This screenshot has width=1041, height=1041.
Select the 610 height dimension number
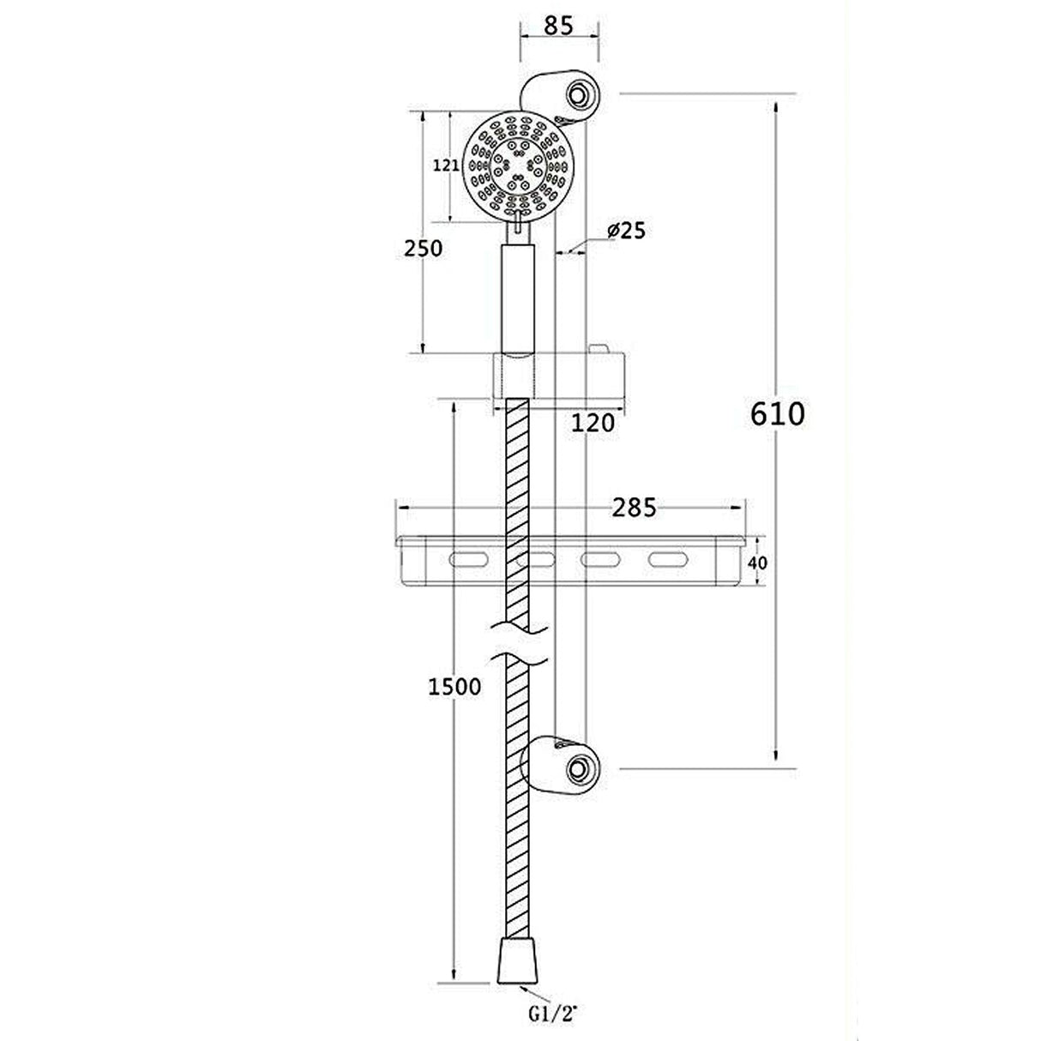point(778,413)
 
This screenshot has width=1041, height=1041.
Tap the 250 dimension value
point(424,249)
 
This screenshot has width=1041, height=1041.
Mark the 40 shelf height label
point(756,563)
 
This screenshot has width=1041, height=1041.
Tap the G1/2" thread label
point(553,1015)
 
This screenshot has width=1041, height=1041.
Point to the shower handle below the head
point(518,296)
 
